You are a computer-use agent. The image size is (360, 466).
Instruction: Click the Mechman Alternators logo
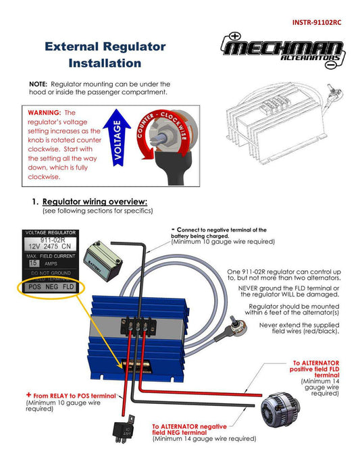click(283, 51)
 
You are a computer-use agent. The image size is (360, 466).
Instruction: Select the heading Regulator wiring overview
click(95, 202)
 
